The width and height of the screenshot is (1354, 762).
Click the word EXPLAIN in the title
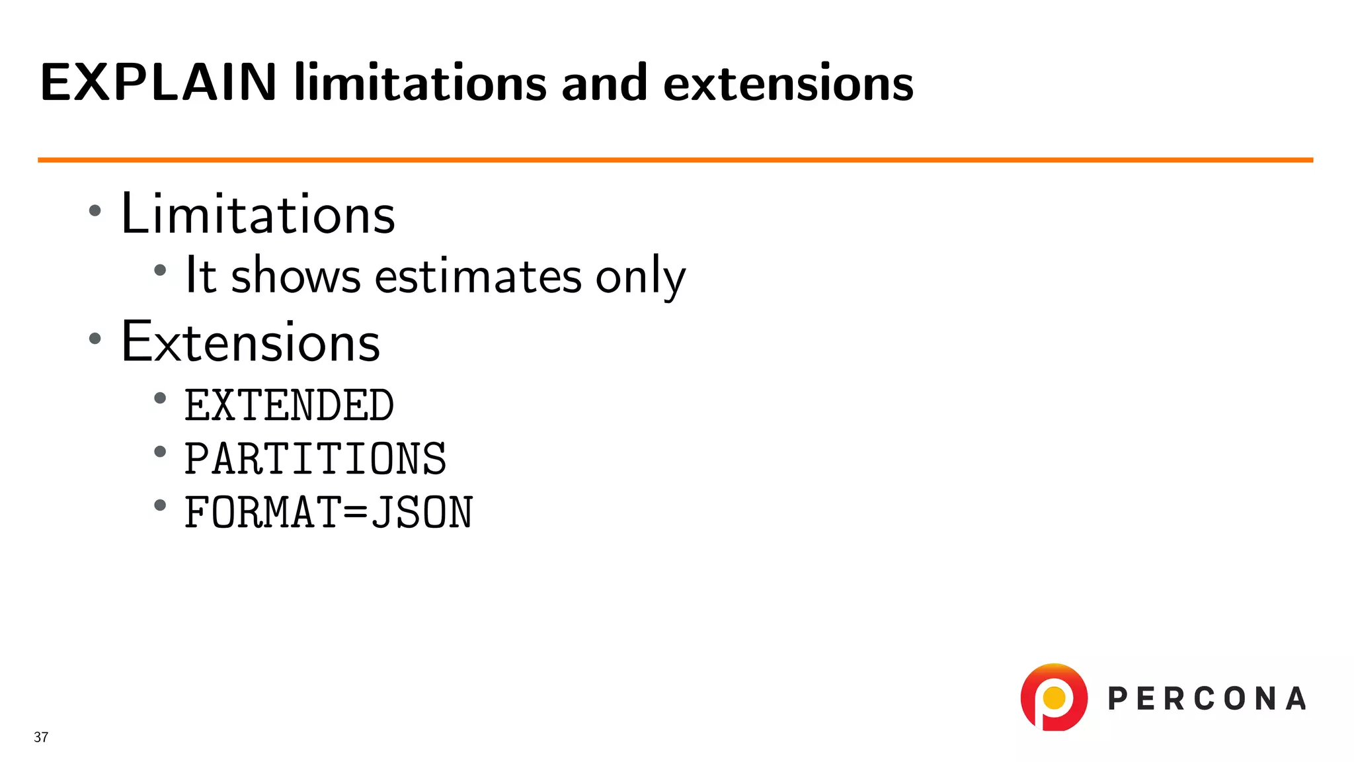pyautogui.click(x=158, y=83)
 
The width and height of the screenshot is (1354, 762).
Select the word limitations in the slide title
pyautogui.click(x=420, y=83)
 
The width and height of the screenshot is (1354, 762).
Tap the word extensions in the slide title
pyautogui.click(x=788, y=84)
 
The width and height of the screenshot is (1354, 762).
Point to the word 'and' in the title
pyautogui.click(x=604, y=83)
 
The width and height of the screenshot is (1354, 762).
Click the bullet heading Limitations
pyautogui.click(x=258, y=214)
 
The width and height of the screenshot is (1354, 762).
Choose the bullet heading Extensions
pyautogui.click(x=251, y=342)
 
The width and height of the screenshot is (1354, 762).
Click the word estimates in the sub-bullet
pyautogui.click(x=478, y=276)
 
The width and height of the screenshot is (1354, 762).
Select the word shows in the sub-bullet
pyautogui.click(x=296, y=275)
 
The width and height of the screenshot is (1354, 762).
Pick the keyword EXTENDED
pyautogui.click(x=289, y=405)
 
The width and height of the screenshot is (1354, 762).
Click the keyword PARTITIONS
pyautogui.click(x=315, y=459)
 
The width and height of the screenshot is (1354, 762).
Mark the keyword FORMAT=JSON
pyautogui.click(x=329, y=513)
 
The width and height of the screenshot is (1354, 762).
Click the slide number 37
pyautogui.click(x=41, y=738)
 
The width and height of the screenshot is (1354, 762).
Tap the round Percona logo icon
pyautogui.click(x=1054, y=697)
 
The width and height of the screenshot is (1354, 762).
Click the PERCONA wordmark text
pyautogui.click(x=1207, y=699)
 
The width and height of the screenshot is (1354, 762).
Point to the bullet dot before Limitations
pyautogui.click(x=95, y=211)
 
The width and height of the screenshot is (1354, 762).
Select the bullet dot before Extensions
pyautogui.click(x=95, y=339)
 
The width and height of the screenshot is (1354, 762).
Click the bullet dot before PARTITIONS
pyautogui.click(x=160, y=452)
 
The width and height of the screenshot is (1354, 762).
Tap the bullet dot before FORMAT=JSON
pyautogui.click(x=160, y=506)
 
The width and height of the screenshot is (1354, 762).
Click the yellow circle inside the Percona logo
pyautogui.click(x=1054, y=697)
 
